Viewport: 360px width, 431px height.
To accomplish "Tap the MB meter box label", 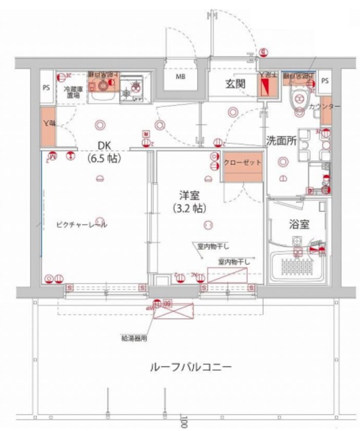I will click(x=181, y=77).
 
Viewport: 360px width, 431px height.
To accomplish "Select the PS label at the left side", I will click(x=46, y=88).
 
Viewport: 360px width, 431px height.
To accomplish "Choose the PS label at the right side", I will click(x=325, y=80).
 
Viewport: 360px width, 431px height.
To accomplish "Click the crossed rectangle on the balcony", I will click(x=174, y=309).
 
